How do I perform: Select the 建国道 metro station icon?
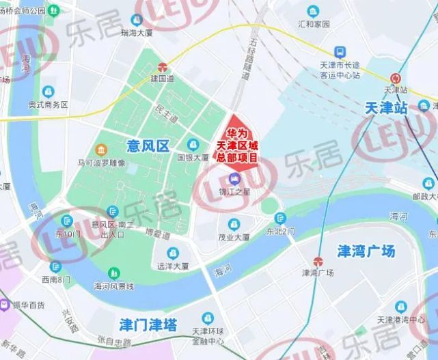[163, 68]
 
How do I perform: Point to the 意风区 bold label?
[148, 145]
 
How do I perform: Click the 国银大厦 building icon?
[193, 144]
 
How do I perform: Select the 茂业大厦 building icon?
[234, 224]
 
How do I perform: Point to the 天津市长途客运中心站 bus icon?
[339, 52]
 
